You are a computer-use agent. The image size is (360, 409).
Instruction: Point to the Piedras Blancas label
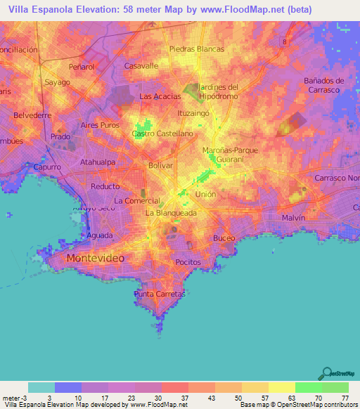[x=197, y=49]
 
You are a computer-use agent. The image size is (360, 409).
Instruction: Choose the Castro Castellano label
[x=162, y=133]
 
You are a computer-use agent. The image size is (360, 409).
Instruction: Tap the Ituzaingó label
[x=195, y=112]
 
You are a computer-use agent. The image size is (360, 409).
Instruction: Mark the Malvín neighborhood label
[x=293, y=219]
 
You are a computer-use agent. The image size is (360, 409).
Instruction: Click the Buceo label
[x=224, y=238]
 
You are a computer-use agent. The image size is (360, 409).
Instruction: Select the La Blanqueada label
[x=171, y=212]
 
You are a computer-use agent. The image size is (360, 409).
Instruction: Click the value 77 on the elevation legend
[x=345, y=398]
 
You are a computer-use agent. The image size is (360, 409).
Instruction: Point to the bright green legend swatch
[x=309, y=387]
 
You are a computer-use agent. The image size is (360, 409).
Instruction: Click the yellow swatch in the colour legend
[x=282, y=387]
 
